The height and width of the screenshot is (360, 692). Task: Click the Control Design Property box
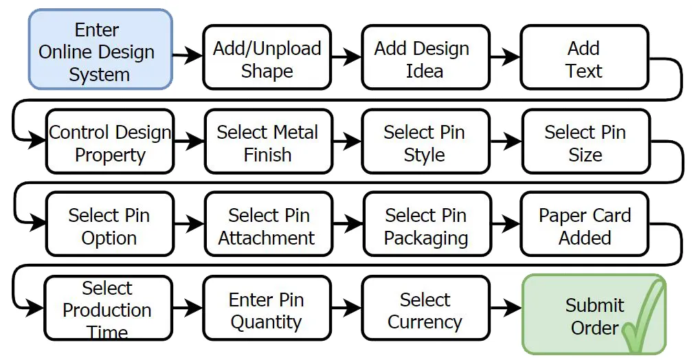pyautogui.click(x=110, y=142)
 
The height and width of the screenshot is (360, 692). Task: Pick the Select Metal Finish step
pyautogui.click(x=267, y=142)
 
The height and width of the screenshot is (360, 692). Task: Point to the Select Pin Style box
pyautogui.click(x=425, y=142)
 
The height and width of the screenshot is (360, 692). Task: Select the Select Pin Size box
pyautogui.click(x=585, y=142)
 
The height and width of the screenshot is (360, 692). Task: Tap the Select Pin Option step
pyautogui.click(x=109, y=226)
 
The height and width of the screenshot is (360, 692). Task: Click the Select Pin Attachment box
pyautogui.click(x=268, y=226)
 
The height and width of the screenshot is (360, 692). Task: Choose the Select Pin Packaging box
pyautogui.click(x=425, y=226)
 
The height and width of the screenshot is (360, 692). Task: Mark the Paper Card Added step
pyautogui.click(x=584, y=226)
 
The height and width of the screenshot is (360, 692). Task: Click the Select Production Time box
pyautogui.click(x=108, y=309)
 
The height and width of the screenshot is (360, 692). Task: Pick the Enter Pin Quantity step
pyautogui.click(x=267, y=310)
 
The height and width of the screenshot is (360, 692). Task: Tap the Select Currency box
pyautogui.click(x=425, y=310)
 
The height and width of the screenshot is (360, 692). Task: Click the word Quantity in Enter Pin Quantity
pyautogui.click(x=266, y=322)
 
